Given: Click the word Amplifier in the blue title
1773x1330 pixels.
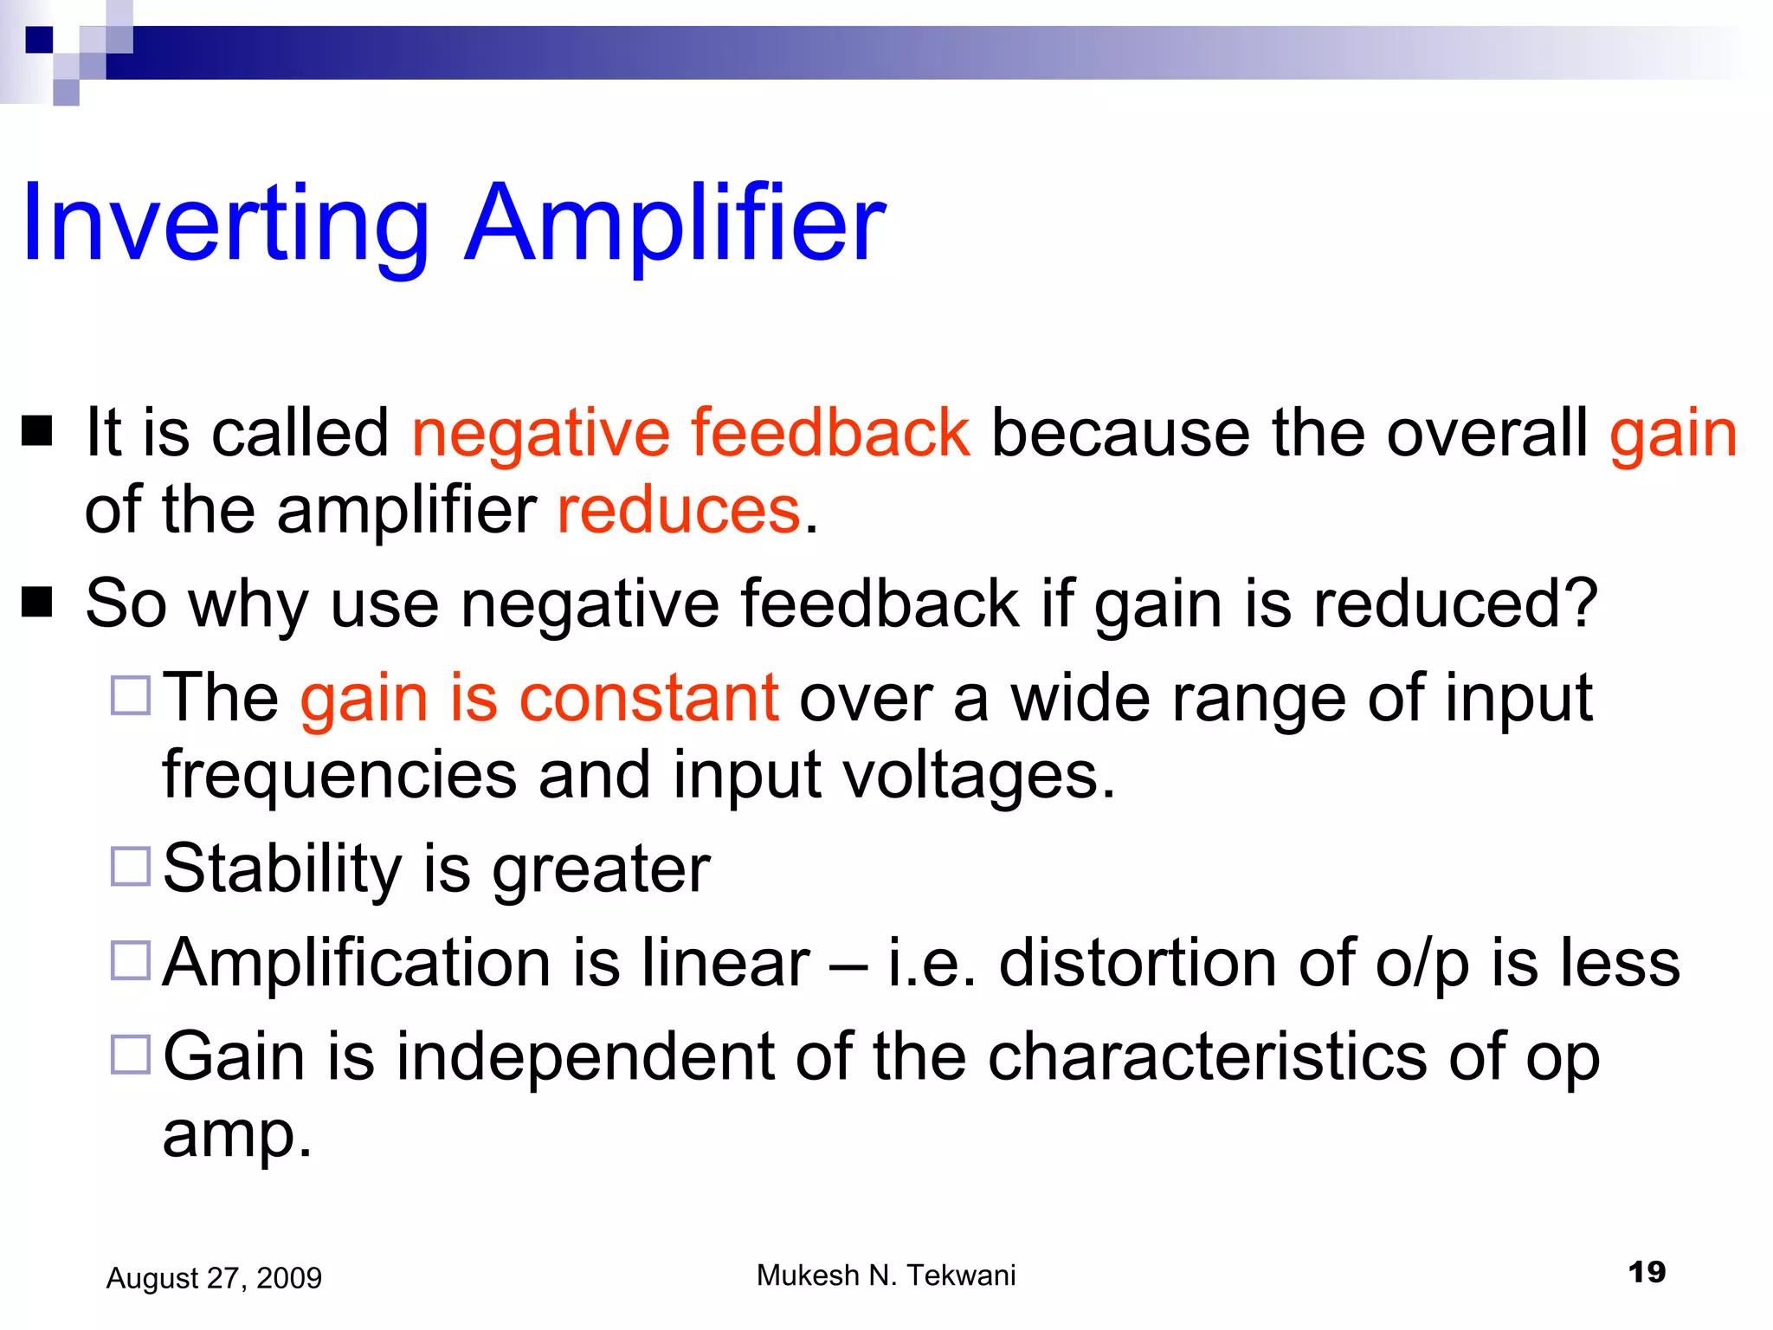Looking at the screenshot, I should tap(675, 223).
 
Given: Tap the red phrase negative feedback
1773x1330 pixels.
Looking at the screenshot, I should tap(690, 432).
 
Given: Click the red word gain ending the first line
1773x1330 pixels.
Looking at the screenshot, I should tap(1673, 434).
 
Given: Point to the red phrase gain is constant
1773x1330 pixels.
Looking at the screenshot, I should tap(538, 698).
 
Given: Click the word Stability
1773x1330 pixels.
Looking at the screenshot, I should tap(282, 868).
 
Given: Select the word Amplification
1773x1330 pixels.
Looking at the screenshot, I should tap(357, 963).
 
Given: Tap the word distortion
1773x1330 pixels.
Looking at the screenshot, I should tap(1137, 963).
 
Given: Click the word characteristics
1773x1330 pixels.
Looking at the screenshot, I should tap(1207, 1056).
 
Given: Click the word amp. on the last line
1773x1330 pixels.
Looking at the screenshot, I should tap(236, 1134).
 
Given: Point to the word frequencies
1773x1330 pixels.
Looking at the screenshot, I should tap(339, 776).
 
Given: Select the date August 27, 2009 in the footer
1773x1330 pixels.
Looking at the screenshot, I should tap(214, 1278).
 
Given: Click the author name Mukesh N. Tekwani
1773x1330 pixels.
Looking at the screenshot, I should tap(886, 1275).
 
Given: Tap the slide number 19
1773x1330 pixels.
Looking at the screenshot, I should tap(1646, 1272).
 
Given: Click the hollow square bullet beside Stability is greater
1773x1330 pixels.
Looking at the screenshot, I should tap(131, 866).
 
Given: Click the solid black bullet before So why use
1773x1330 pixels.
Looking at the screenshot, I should tap(37, 603).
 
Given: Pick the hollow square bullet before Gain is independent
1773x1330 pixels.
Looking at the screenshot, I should tap(131, 1054).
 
